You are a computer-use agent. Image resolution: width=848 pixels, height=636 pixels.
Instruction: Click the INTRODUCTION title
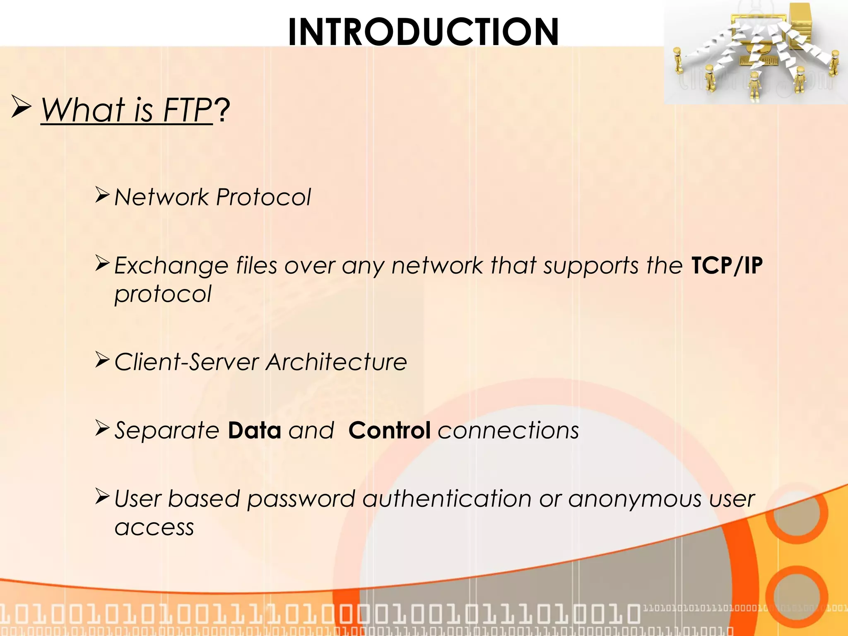coord(423,32)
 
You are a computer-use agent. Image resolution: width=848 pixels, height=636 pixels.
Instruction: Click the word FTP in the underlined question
coord(188,110)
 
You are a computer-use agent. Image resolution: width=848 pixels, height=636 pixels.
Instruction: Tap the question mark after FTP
coord(222,110)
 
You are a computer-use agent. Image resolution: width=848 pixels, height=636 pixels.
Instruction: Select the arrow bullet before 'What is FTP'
coord(21,106)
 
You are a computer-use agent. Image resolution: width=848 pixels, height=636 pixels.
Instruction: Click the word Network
coord(161,197)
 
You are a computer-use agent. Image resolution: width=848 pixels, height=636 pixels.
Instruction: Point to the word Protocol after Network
coord(263,197)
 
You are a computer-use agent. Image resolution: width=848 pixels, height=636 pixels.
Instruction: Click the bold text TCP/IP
coord(727,265)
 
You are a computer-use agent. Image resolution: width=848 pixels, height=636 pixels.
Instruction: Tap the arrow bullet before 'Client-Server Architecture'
coord(102,359)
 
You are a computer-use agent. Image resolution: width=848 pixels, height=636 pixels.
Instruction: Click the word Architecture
coord(337,362)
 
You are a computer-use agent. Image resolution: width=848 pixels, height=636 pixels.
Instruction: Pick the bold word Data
coord(254,431)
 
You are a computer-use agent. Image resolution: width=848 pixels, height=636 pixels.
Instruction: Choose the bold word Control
coord(390,431)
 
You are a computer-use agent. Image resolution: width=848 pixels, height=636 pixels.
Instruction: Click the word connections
coord(508,431)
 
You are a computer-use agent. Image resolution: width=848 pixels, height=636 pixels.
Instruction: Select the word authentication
coord(447,499)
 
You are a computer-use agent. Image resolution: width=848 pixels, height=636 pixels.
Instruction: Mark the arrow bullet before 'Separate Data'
coord(102,428)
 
